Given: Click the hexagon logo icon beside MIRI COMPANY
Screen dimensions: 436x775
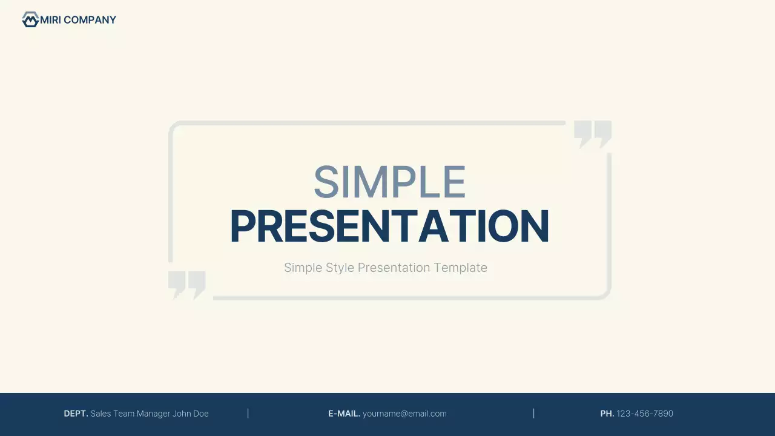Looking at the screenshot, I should pos(30,20).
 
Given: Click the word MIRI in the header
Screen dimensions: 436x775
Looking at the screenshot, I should pos(50,20).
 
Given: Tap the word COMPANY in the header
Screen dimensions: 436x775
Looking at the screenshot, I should pos(90,20).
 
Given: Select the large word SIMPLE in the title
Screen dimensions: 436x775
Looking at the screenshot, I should pos(389,182).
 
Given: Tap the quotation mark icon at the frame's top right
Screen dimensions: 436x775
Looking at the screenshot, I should pos(592,134).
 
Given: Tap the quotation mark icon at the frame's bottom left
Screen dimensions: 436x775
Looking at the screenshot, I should pos(186,285).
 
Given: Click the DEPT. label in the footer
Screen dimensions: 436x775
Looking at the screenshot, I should pos(76,414).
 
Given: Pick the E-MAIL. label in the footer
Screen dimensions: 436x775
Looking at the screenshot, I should pos(344,414).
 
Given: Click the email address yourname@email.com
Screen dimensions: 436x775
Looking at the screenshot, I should pos(404,414).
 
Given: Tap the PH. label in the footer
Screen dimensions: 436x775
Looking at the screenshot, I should pos(607,414).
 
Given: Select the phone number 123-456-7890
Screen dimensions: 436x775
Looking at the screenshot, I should pos(645,414).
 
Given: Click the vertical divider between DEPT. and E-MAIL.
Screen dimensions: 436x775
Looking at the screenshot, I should pos(248,413).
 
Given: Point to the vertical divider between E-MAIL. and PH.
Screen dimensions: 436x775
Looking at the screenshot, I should pos(533,413).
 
